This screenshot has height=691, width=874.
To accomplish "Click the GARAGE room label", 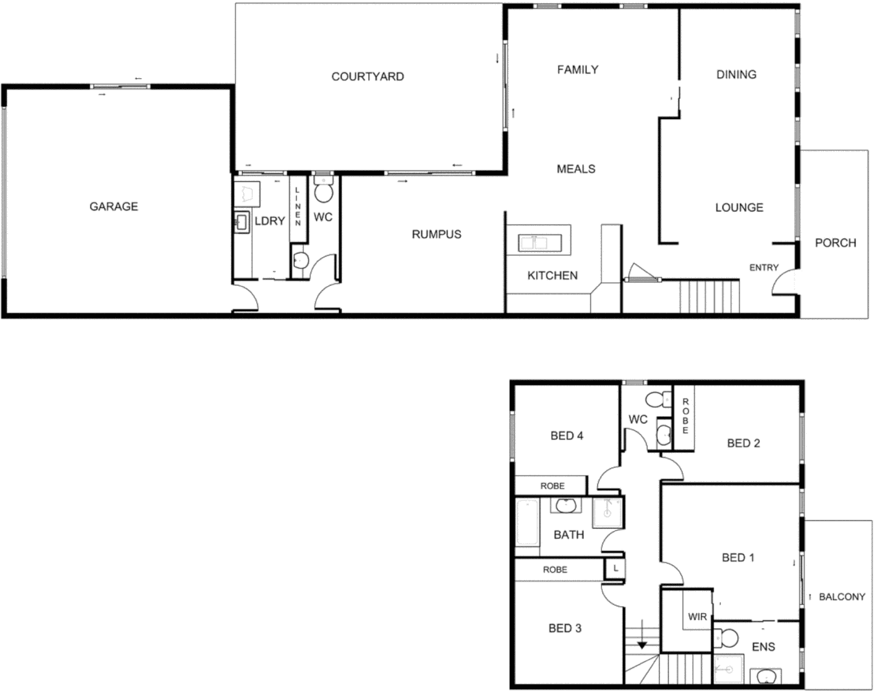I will pos(113,206).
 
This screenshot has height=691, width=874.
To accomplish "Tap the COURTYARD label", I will pos(368,77).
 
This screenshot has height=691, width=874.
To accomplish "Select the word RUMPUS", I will pos(436,234).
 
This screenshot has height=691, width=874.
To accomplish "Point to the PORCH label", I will pos(835,242).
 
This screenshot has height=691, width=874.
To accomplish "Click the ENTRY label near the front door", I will pos(763,267).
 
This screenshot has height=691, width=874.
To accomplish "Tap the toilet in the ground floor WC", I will pos(324,191).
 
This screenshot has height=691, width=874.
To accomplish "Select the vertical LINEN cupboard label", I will pos(298,206).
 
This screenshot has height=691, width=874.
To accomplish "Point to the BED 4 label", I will pos(567,436).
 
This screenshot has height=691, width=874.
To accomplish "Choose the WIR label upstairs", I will pos(697,617).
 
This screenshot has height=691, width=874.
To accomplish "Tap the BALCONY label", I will pos(841,596).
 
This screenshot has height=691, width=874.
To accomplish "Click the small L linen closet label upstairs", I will pos(615,568).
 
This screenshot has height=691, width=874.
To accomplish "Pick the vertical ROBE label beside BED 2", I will pos(685,416).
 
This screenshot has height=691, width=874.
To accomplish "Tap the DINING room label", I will pos(736,74).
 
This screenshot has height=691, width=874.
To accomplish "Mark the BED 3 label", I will pos(565,628).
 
